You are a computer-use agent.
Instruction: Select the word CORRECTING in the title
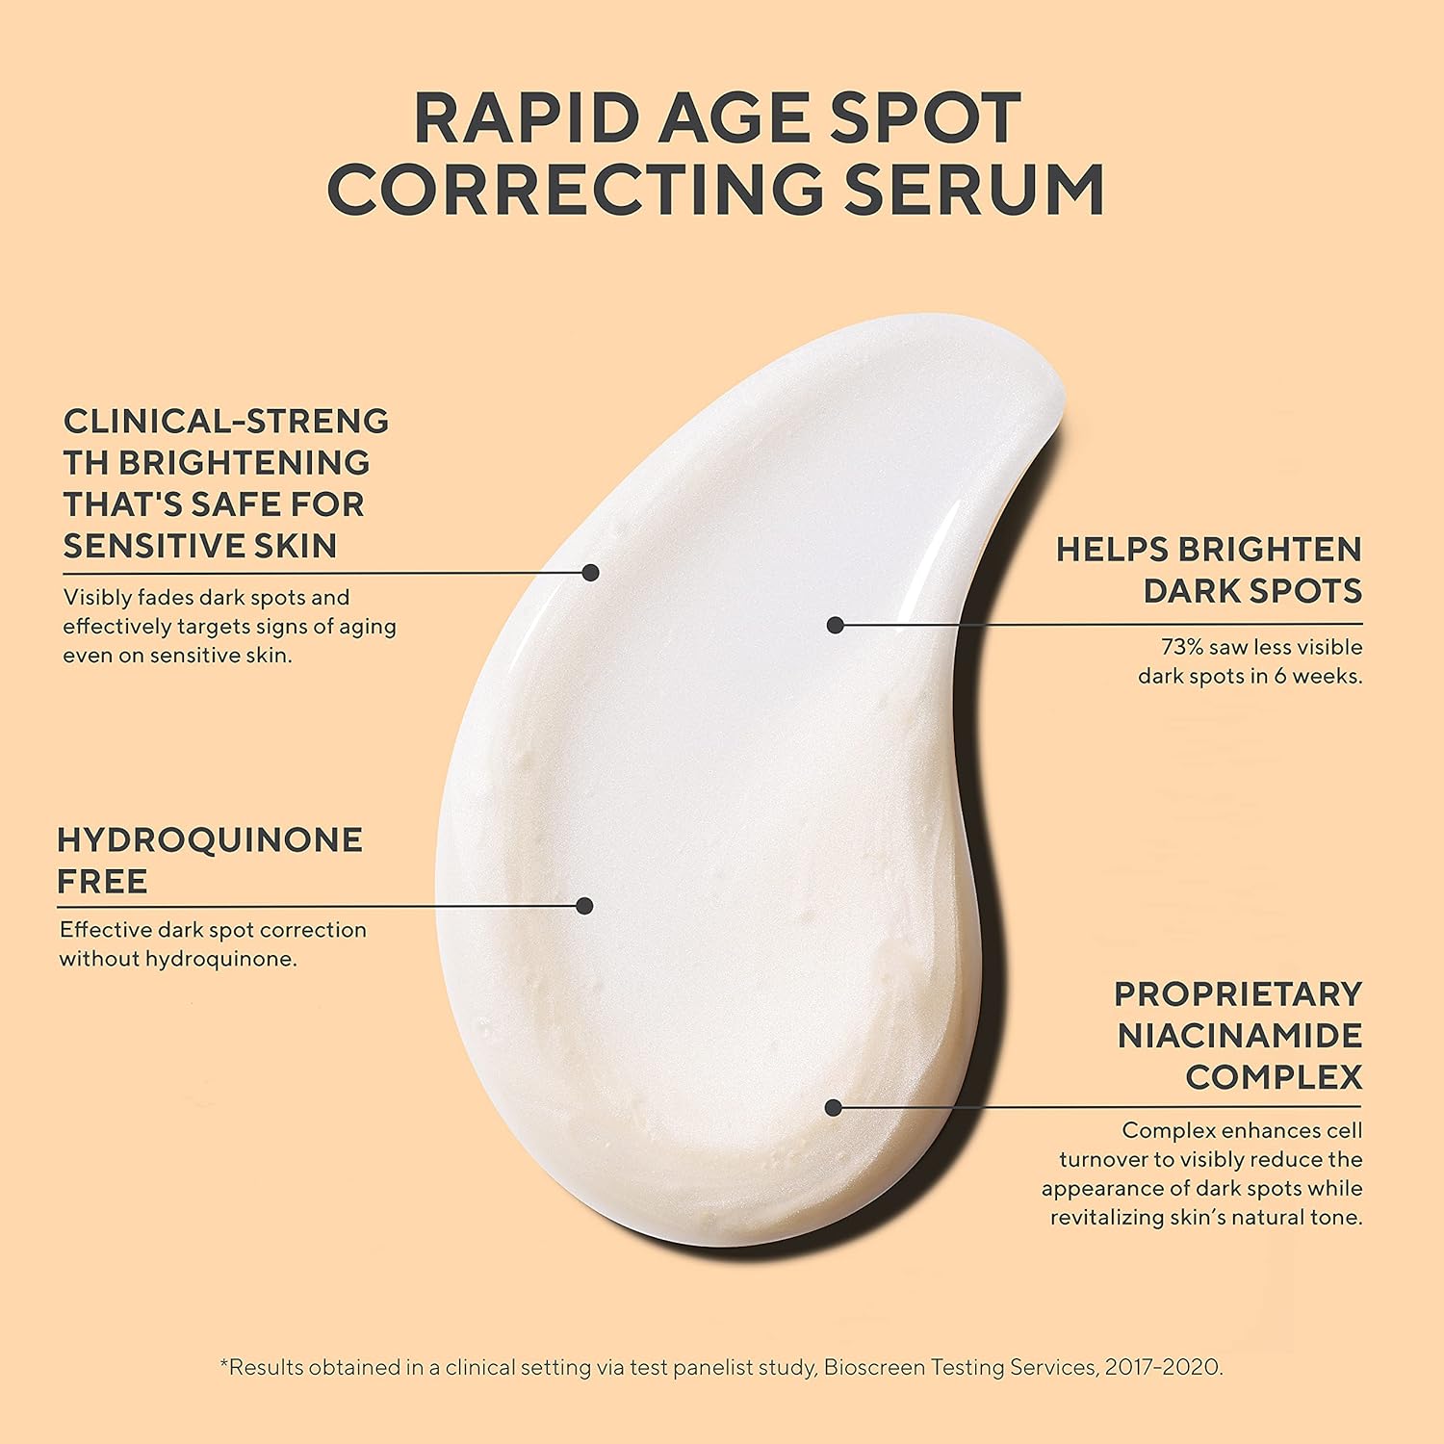[576, 190]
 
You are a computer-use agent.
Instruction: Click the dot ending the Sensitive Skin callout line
[591, 573]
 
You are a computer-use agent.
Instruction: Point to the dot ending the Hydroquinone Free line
[584, 905]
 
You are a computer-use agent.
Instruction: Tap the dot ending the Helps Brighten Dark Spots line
[836, 625]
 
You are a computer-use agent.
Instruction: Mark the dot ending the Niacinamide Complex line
[835, 1108]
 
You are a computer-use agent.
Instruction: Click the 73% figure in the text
[1182, 647]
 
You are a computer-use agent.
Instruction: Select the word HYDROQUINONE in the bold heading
[210, 839]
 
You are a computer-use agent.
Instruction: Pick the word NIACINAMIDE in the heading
[1240, 1036]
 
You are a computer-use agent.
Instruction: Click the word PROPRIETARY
[1238, 993]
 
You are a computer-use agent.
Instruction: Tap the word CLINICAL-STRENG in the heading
[226, 421]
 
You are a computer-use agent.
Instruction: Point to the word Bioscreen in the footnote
[870, 1367]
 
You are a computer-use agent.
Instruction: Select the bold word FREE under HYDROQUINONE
[102, 882]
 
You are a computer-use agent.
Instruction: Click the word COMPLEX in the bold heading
[1274, 1077]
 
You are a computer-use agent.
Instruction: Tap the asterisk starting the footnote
[225, 1364]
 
